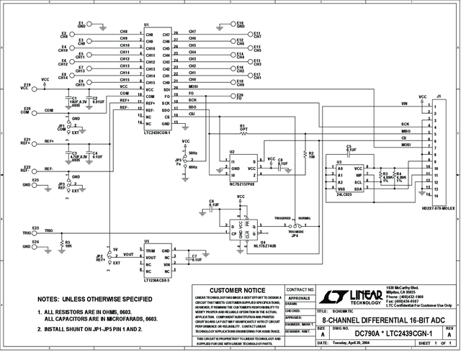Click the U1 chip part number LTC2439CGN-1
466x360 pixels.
coord(158,133)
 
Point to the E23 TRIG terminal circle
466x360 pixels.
coord(34,232)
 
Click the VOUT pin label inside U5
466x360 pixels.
coord(151,257)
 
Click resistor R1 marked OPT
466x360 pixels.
coord(243,132)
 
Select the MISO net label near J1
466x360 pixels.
coord(405,131)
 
